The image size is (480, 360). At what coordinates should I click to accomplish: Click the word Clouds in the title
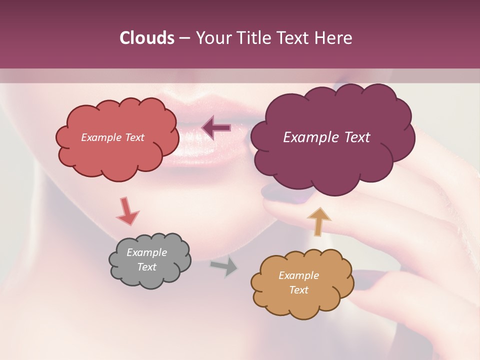[x=147, y=38]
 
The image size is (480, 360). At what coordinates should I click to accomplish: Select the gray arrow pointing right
[x=224, y=266]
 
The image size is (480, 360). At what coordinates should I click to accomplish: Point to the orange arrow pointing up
[x=319, y=221]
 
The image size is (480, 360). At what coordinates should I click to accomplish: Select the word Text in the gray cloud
[x=146, y=267]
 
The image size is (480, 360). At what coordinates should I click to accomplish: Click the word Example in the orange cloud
[x=298, y=275]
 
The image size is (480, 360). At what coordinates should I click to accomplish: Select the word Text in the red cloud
[x=134, y=137]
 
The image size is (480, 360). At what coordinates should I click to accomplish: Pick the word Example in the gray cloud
[x=146, y=253]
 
